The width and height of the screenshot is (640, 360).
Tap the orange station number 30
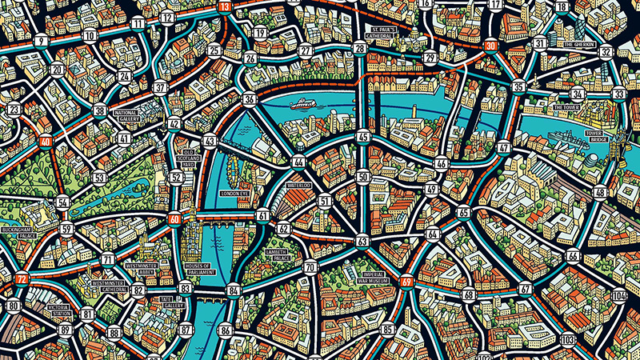point(490,46)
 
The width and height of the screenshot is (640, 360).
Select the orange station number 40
point(46,142)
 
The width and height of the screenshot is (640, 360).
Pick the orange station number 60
point(174,218)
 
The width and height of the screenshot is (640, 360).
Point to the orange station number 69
point(407,281)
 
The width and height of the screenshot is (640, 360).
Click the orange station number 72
point(22,279)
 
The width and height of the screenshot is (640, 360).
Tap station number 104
point(618,296)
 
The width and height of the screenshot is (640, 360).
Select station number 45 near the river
point(364,138)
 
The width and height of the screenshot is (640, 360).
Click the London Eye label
point(235,194)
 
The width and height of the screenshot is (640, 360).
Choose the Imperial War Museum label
point(369,275)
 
